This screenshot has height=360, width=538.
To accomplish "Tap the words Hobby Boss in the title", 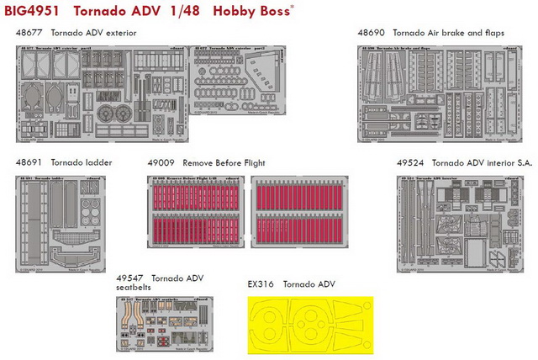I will pos(249,12).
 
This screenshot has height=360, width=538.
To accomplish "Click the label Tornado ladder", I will pos(82,161).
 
